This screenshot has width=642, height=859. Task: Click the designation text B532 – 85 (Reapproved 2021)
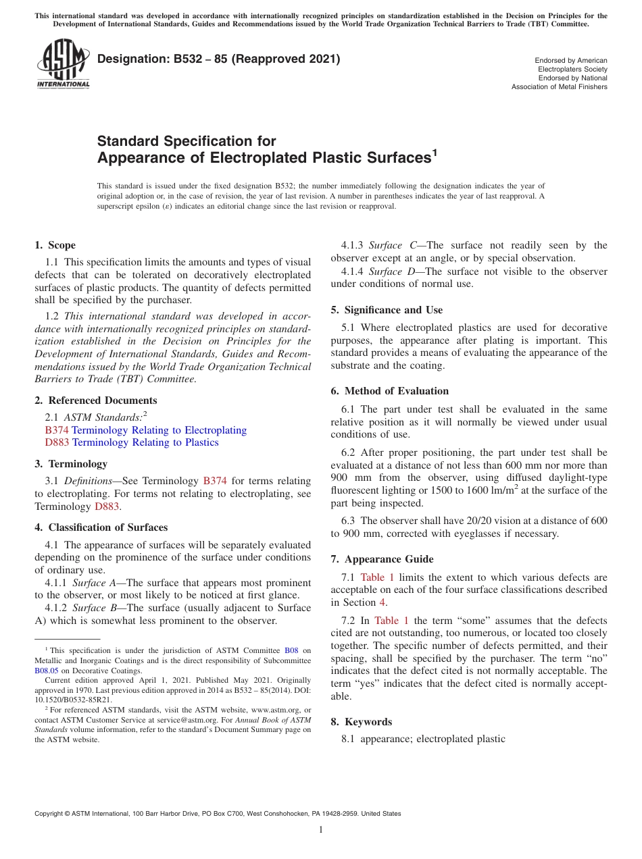point(218,59)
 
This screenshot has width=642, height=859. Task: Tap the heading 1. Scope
point(55,245)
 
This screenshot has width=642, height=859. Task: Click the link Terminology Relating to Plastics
point(145,442)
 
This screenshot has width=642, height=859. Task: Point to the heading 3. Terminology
point(71,464)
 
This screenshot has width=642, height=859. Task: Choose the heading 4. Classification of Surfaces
point(101,527)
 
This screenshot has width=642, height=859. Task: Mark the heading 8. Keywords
point(361,722)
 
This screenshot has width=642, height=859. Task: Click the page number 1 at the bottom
point(320,830)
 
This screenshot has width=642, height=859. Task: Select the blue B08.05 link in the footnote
point(47,671)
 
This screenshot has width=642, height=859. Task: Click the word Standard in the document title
point(128,141)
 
